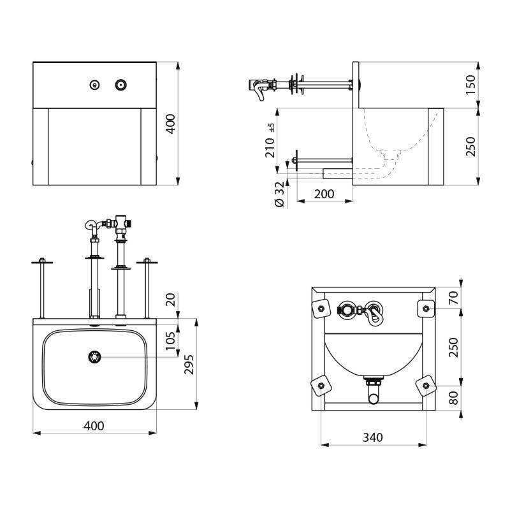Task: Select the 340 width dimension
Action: (373, 437)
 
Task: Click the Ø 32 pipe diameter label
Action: (279, 193)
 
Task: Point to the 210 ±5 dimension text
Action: (270, 142)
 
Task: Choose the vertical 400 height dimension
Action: (170, 123)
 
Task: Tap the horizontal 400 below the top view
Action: (94, 425)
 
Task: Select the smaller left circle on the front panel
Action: (95, 84)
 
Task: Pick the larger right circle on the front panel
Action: (120, 84)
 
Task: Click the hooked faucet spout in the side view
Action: (258, 90)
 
